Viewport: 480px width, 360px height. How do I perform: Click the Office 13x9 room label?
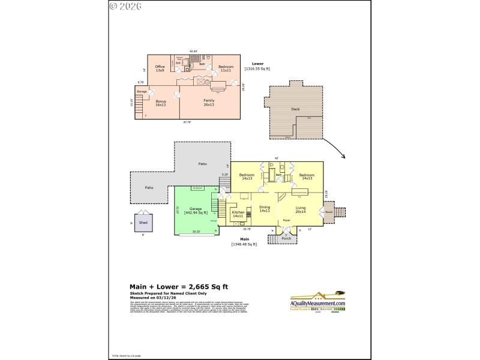tap(160, 68)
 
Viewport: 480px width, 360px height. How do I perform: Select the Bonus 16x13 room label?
tap(160, 103)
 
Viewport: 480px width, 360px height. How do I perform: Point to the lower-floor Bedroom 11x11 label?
tap(226, 68)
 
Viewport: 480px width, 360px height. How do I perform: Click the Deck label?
tap(295, 109)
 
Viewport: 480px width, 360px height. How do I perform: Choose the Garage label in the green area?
tap(195, 210)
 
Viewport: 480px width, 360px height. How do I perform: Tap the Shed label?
tap(143, 223)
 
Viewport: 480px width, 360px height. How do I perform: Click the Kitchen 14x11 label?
tap(238, 213)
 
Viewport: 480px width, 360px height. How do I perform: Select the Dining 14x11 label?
tap(265, 209)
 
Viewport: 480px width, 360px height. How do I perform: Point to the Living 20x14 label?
tap(301, 210)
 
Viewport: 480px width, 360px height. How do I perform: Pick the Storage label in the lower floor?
tap(142, 91)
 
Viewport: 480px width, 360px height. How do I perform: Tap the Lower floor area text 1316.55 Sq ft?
tap(257, 68)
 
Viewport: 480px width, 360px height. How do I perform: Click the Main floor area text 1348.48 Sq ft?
tap(244, 244)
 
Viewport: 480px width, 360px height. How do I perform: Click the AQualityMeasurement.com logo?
tap(318, 303)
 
